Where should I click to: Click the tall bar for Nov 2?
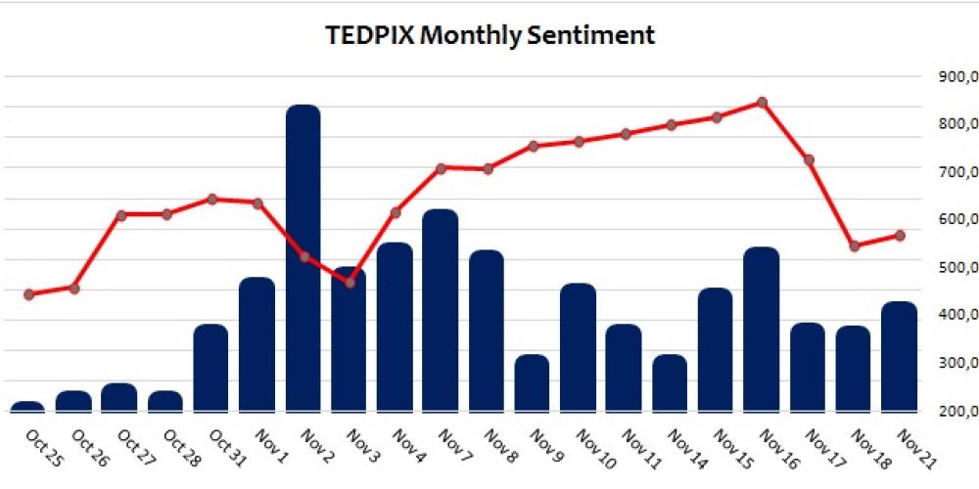pos(303,259)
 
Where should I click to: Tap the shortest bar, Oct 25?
pos(27,406)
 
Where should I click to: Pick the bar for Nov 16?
pos(762,330)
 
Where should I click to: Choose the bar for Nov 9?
pos(533,382)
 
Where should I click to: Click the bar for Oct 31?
pos(210,368)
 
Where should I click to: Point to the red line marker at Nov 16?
pos(762,102)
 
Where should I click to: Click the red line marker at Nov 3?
pos(350,283)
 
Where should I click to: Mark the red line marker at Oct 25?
pos(28,294)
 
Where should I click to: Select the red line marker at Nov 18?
pos(854,246)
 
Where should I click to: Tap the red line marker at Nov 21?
pos(899,236)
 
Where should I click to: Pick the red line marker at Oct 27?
pos(120,214)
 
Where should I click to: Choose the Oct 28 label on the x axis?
pos(180,448)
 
